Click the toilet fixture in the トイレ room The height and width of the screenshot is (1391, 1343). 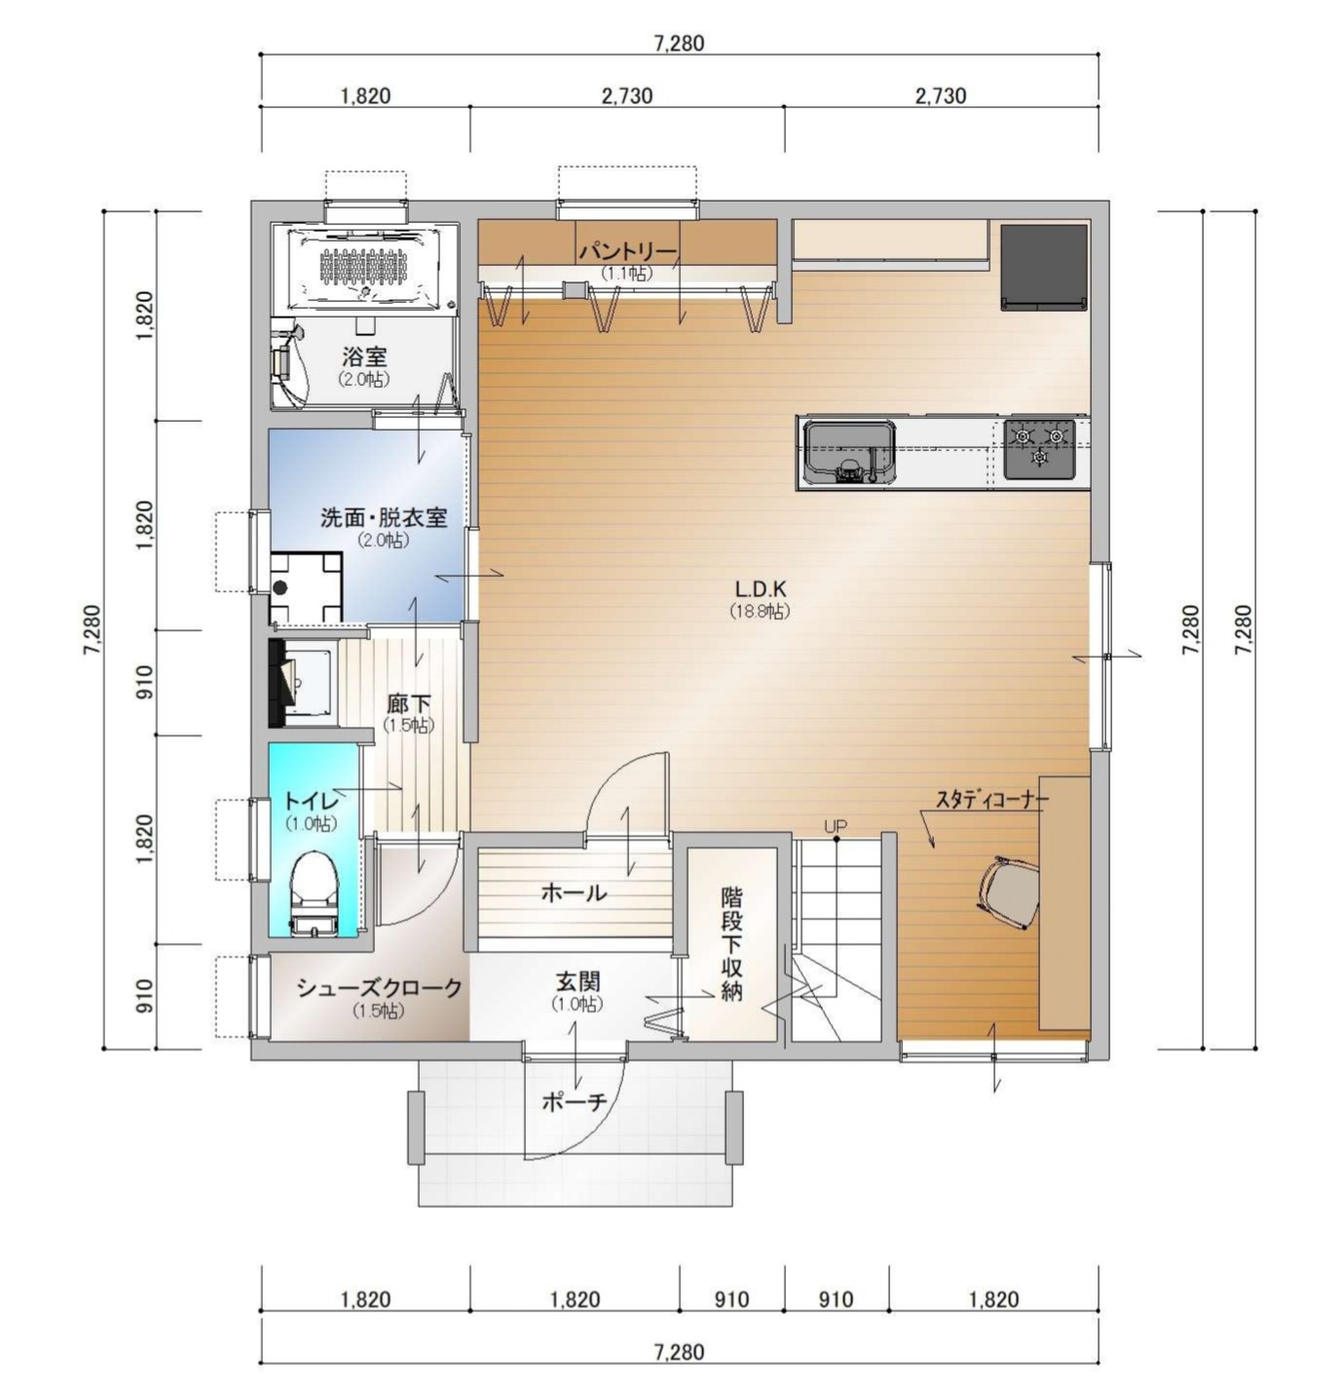tap(314, 891)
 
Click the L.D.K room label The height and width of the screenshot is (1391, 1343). tap(760, 589)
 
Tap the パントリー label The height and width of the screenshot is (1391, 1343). tap(627, 251)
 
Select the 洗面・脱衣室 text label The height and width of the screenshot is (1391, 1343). tap(383, 517)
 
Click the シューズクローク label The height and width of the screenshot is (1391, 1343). tap(379, 988)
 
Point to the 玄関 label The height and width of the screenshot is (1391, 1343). tap(578, 981)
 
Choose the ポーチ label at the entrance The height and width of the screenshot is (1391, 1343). tap(574, 1102)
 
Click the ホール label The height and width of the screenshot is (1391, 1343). tap(574, 892)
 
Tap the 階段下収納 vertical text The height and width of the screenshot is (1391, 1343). tap(731, 943)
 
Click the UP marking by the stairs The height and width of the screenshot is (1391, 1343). tap(835, 826)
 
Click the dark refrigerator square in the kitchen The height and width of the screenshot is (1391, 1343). tap(1044, 267)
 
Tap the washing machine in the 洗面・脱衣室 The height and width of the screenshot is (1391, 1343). tap(305, 587)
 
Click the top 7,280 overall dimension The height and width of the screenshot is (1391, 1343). tap(679, 43)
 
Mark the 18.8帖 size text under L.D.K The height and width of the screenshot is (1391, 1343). tap(760, 611)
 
